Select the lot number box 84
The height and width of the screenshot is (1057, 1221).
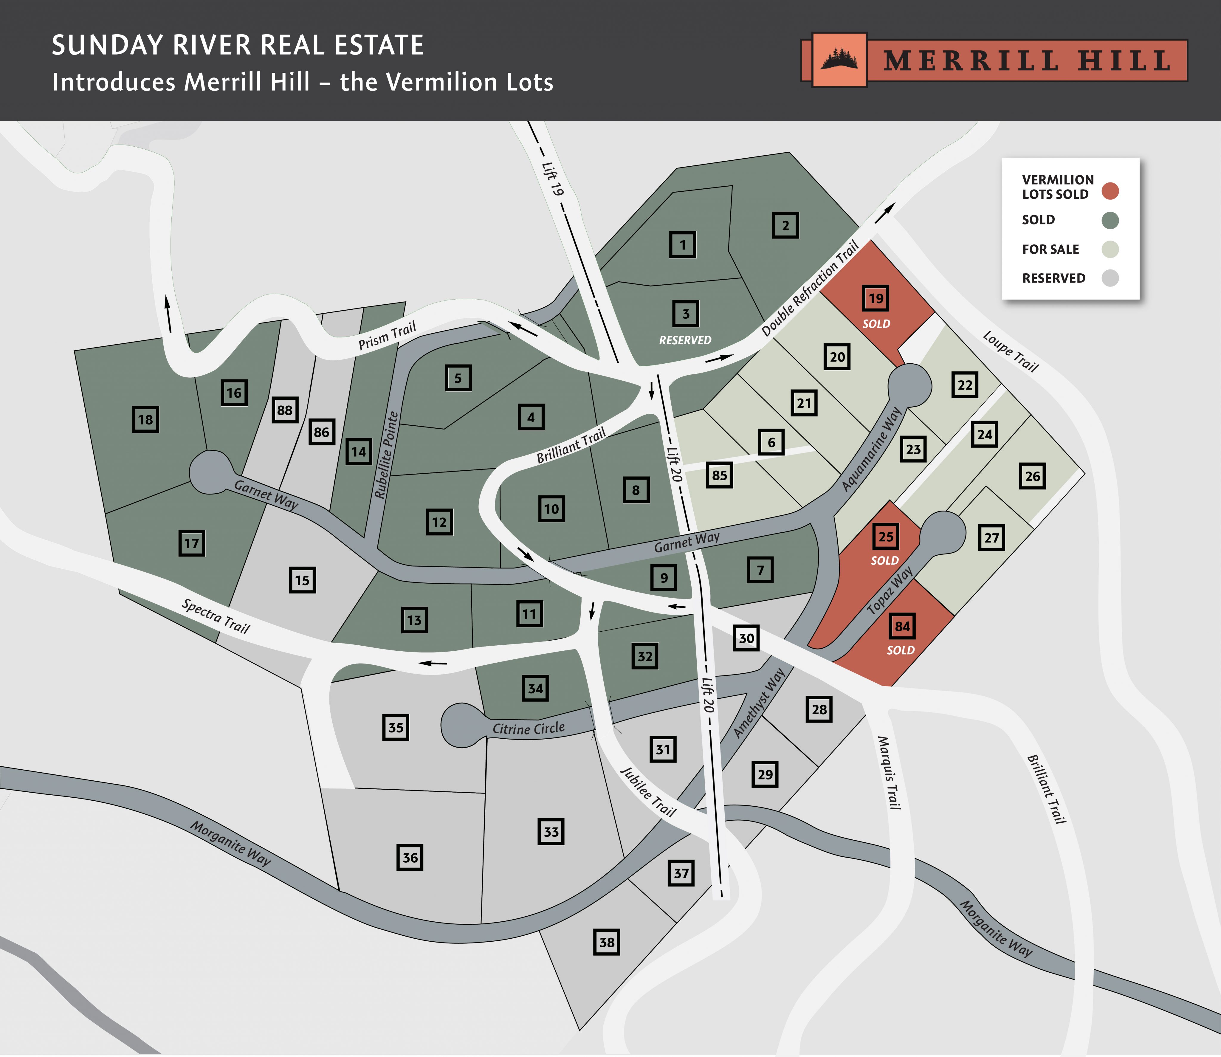coord(902,626)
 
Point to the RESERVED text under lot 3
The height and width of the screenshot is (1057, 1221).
coord(685,340)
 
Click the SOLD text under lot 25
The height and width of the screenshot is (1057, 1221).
coord(885,560)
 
